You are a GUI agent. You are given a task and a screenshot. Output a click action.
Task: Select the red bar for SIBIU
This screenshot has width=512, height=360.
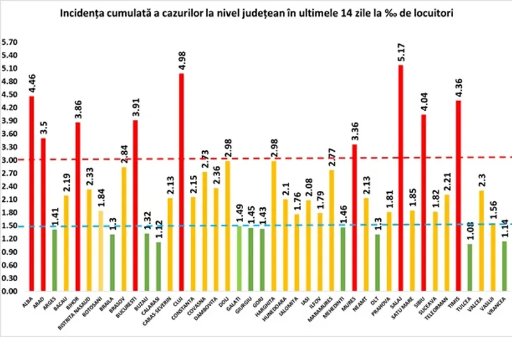pyautogui.click(x=424, y=202)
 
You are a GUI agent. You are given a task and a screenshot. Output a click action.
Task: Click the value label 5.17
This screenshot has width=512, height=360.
pyautogui.click(x=401, y=53)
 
